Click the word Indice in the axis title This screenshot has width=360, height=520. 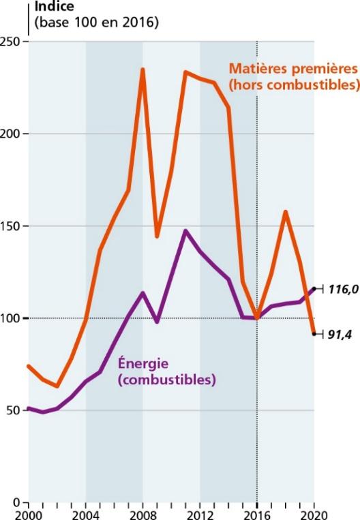point(55,6)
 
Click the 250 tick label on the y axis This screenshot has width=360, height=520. point(11,42)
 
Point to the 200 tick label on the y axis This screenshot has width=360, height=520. point(11,134)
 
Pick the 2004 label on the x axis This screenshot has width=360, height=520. point(86,515)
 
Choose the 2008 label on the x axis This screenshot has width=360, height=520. point(142,515)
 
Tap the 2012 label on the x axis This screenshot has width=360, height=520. point(200,515)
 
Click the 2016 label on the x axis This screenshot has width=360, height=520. point(257,515)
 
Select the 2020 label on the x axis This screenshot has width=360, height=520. point(314,515)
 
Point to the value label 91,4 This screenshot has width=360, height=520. point(340,335)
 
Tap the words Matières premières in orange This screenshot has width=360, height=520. point(293,69)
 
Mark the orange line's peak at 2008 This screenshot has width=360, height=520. point(142,69)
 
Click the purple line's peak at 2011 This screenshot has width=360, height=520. point(185,230)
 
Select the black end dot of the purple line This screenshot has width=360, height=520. point(314,288)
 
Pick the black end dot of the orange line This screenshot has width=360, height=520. point(314,334)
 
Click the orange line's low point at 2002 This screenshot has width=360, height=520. point(57,386)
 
